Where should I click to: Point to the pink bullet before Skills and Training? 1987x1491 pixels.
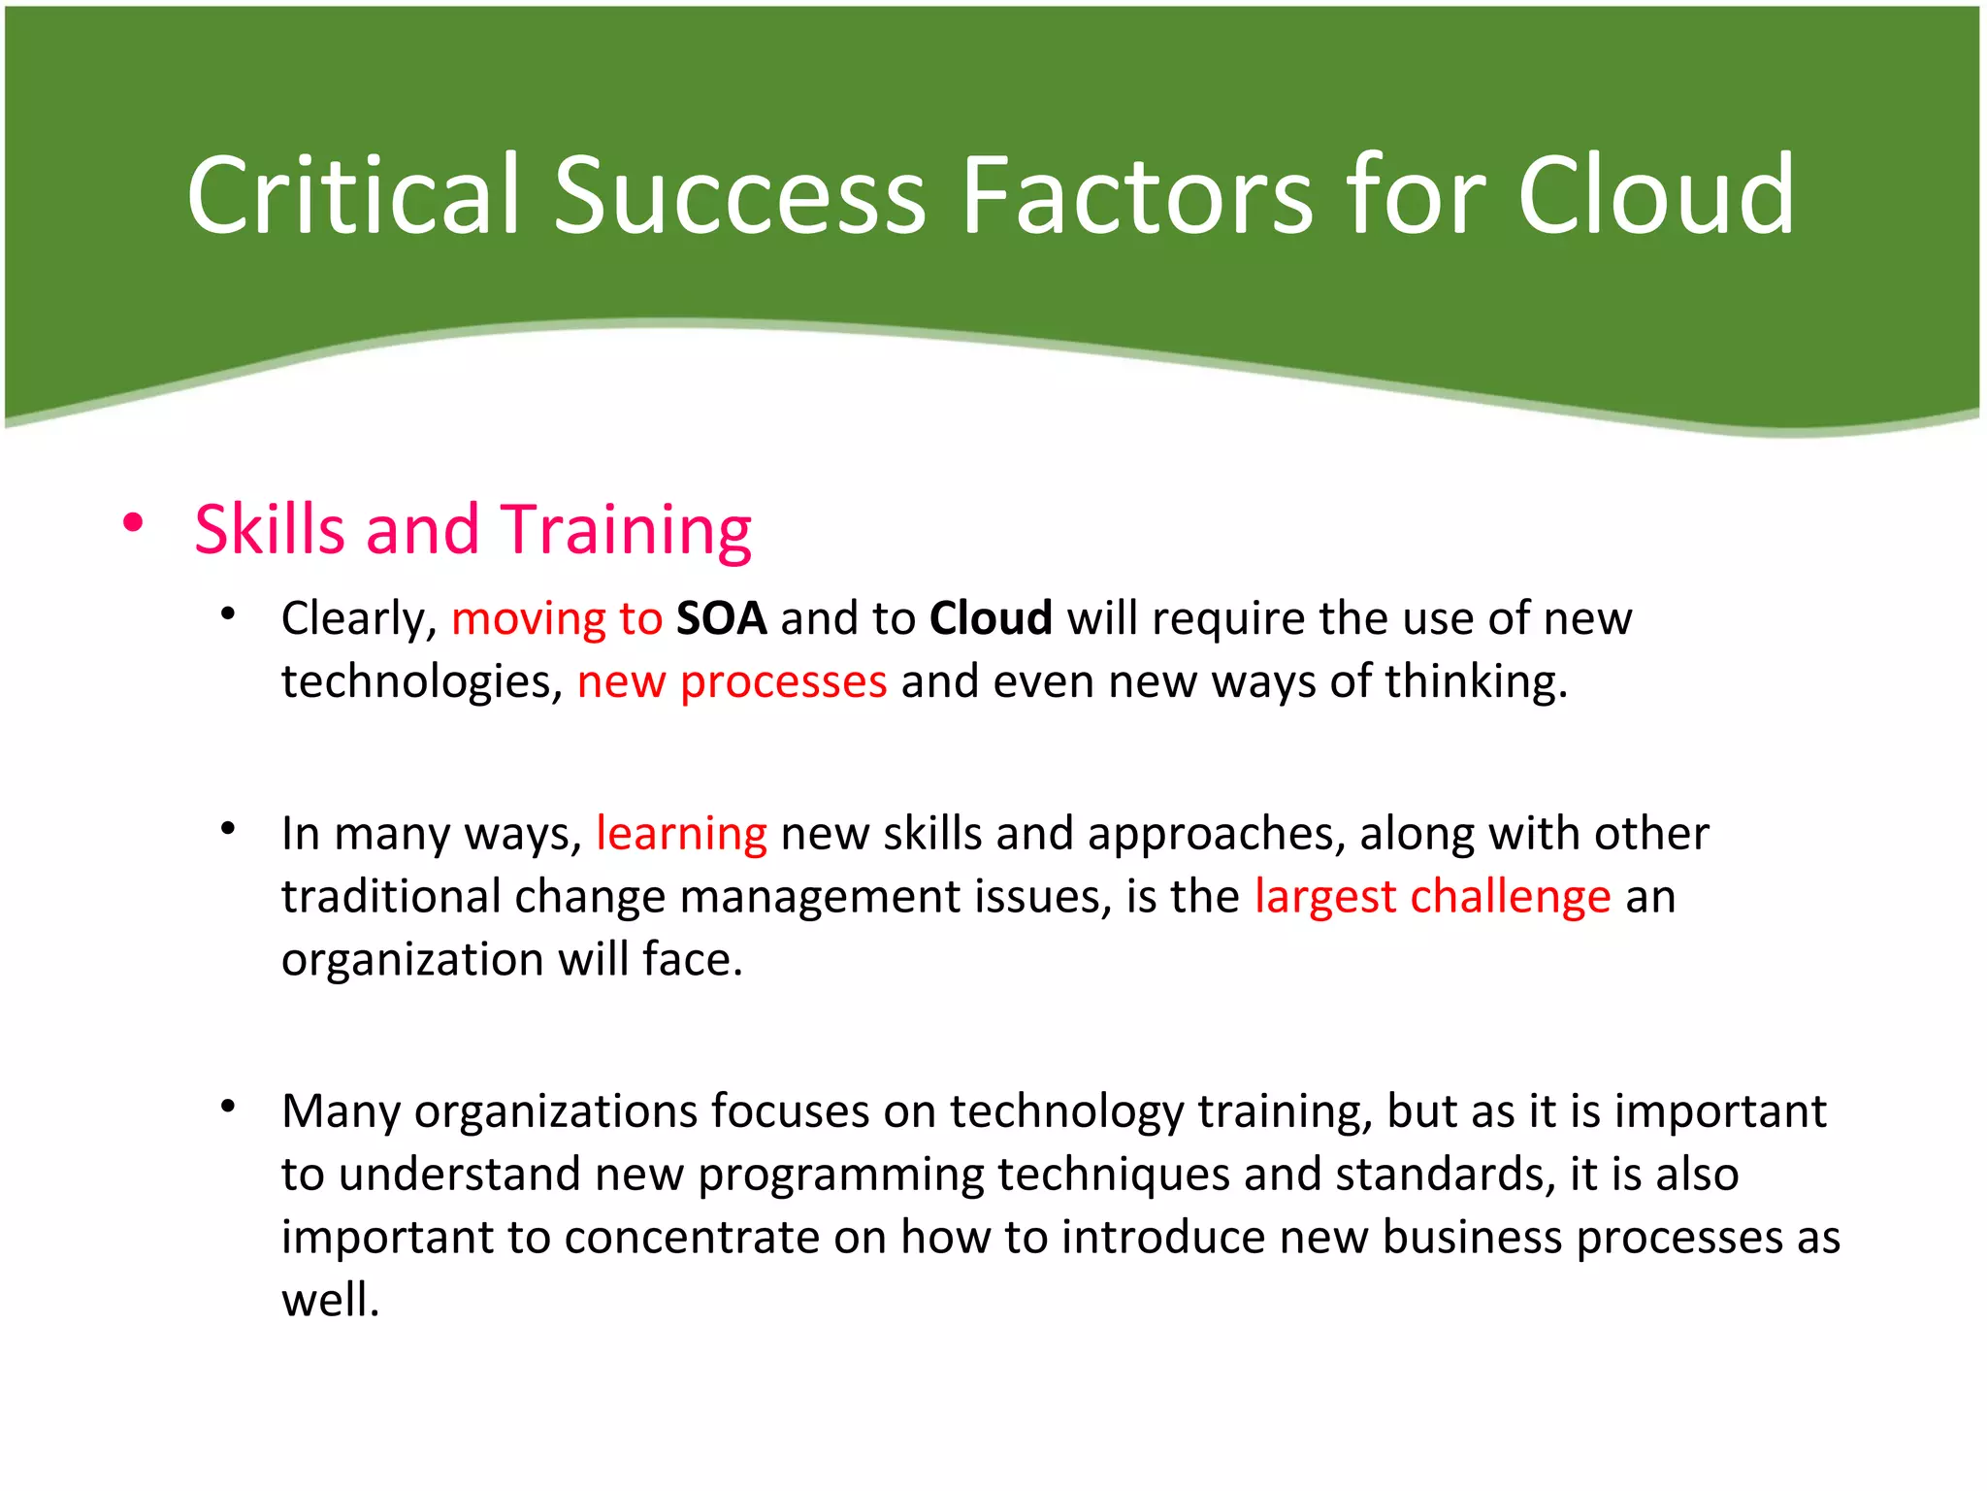133,524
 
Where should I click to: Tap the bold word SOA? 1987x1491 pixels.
721,618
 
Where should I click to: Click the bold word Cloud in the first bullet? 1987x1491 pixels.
991,618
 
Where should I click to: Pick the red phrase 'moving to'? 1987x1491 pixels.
557,618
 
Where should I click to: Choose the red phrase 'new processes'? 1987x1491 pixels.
732,681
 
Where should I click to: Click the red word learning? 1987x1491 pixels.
681,834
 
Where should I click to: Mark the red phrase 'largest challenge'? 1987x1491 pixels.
1432,896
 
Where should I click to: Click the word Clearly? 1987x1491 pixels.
359,618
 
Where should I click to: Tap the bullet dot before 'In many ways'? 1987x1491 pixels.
228,829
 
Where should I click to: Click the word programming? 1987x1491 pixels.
840,1175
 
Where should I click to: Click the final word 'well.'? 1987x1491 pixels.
330,1301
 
